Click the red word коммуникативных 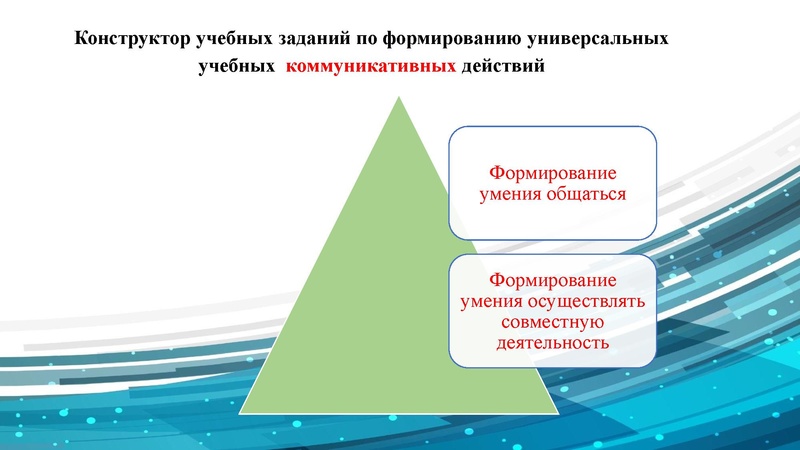tap(372, 68)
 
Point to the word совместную tap(551, 323)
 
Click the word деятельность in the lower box tap(551, 344)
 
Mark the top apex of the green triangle tap(398, 98)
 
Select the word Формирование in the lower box tap(551, 281)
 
